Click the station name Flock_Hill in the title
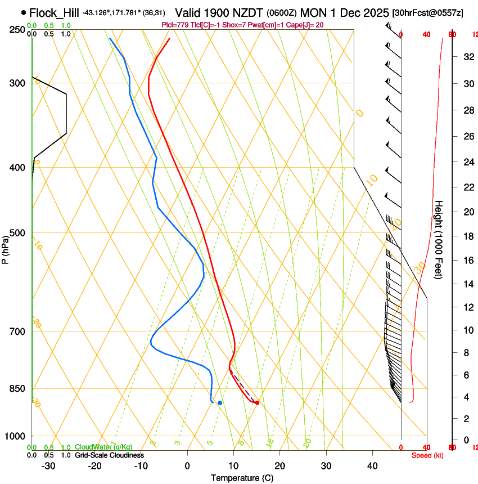[54, 12]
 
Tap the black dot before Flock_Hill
[23, 12]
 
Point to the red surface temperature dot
[257, 403]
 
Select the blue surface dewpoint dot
[220, 403]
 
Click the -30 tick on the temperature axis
[48, 466]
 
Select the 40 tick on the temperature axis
[372, 466]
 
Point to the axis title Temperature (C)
[242, 478]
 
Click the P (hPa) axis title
[5, 248]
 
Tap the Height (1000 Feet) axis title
[439, 239]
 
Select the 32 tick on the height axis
[467, 57]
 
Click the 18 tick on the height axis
[467, 236]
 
